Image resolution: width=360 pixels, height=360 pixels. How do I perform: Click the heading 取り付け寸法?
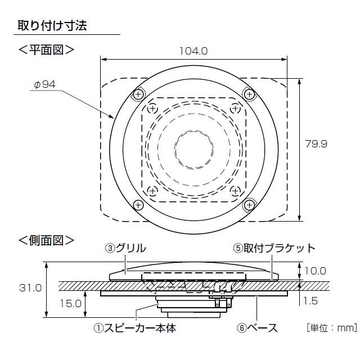pos(52,25)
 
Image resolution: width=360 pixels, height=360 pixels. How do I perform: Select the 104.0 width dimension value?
pos(193,51)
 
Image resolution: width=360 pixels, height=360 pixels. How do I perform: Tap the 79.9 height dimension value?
pos(316,144)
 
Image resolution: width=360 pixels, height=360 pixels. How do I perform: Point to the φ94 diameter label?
pos(45,84)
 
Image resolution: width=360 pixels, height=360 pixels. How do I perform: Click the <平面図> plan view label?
pos(46,49)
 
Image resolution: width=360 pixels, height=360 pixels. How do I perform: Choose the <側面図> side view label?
pos(46,240)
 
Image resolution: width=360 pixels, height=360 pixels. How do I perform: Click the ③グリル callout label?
pos(125,248)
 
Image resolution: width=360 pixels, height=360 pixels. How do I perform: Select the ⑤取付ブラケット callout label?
pos(274,248)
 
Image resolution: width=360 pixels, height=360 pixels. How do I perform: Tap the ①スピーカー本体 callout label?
pos(135,328)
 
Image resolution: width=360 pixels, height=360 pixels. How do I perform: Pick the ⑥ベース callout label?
pos(257,328)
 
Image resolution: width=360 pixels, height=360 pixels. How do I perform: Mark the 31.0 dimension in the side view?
pos(30,288)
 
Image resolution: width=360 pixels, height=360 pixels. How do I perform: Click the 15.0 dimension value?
pos(70,304)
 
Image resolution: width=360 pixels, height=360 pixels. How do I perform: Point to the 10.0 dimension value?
pos(315,271)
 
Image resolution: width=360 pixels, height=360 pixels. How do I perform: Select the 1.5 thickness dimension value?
pos(311,301)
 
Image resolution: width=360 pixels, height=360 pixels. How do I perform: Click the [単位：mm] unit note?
pos(332,327)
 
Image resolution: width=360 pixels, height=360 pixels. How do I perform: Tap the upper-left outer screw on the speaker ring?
pos(138,94)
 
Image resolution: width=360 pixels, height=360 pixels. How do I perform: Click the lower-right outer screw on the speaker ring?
pos(249,205)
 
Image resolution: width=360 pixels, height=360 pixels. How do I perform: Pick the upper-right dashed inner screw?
pos(235,108)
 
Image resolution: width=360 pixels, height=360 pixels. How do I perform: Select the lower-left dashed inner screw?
pos(152,191)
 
